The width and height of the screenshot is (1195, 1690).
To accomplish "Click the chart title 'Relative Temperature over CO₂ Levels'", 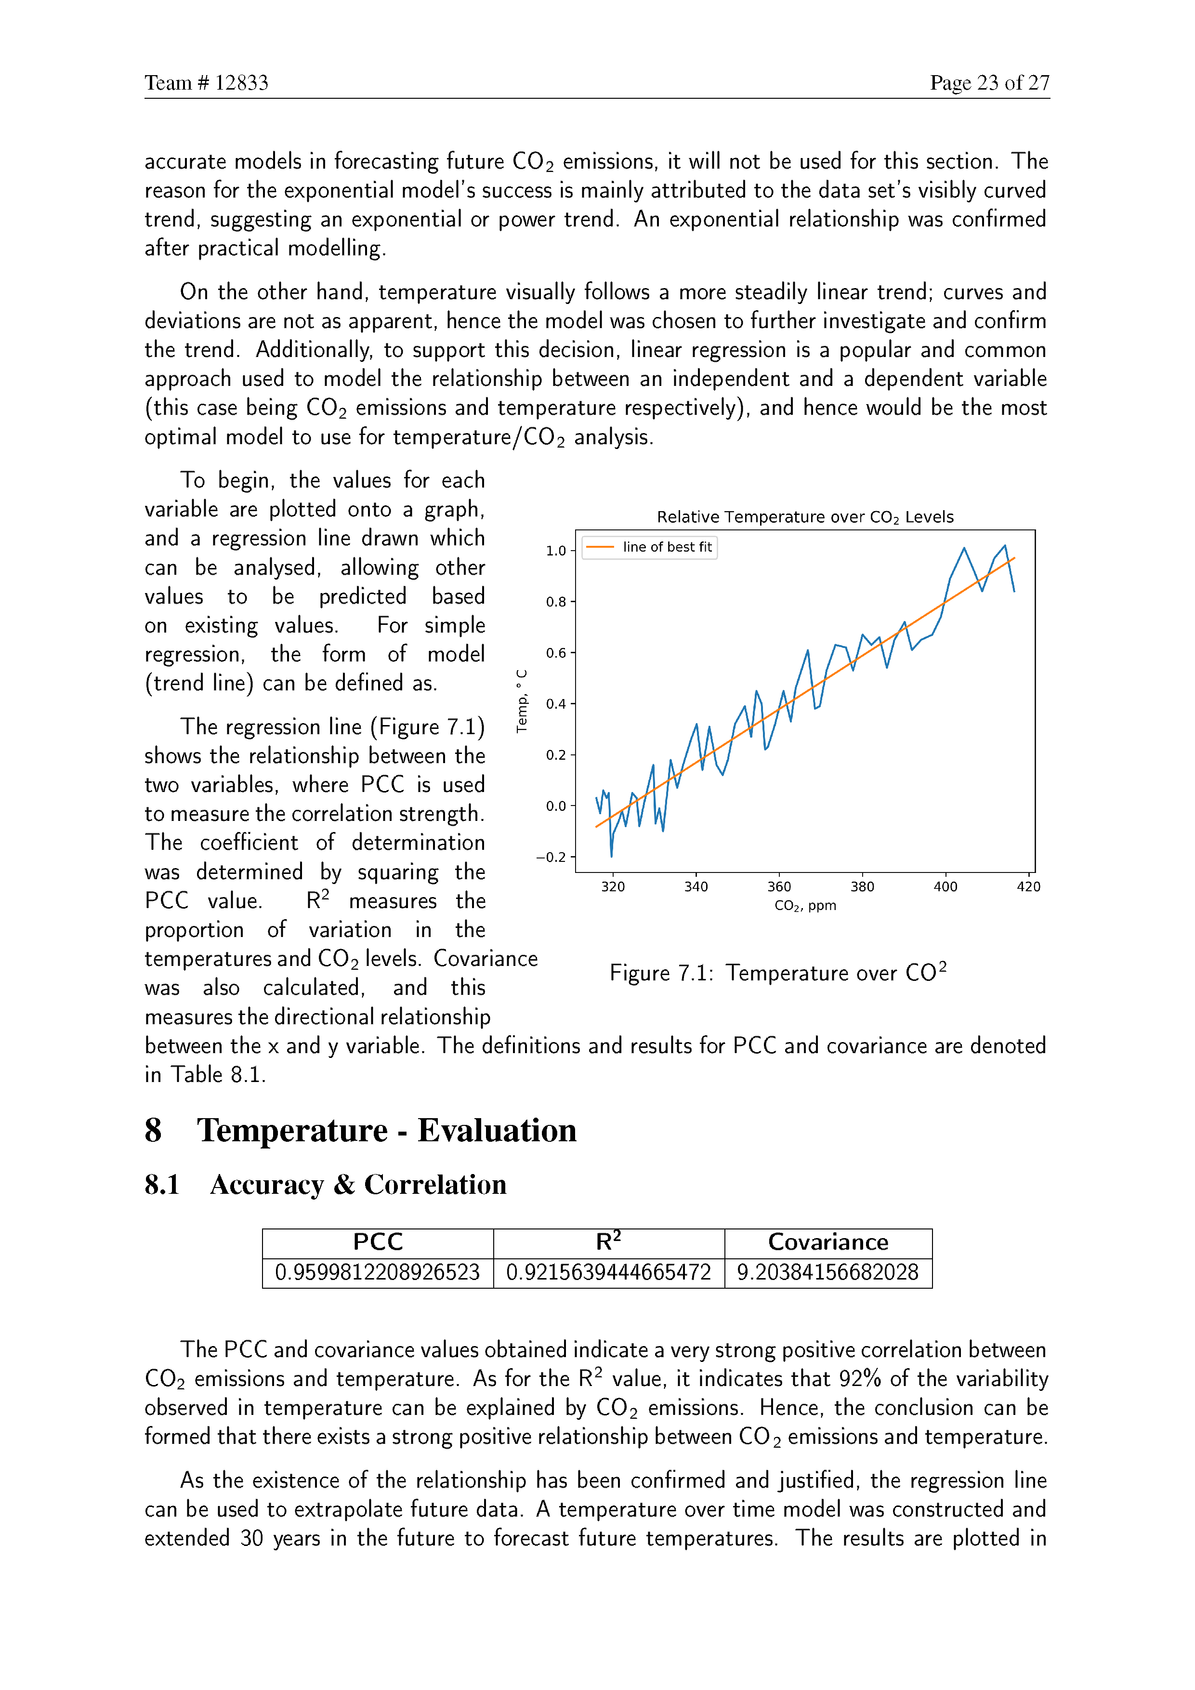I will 805,517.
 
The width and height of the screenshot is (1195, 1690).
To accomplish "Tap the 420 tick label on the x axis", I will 1028,886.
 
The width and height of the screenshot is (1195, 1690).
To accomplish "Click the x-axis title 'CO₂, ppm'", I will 805,905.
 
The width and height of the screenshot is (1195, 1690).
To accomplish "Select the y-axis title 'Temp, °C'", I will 522,701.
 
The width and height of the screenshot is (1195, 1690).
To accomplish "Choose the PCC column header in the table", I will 378,1242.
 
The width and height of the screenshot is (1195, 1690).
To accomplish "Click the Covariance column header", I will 828,1242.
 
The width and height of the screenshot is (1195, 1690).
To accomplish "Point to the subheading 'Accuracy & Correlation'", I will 358,1184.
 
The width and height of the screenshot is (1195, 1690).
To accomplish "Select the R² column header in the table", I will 608,1242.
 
